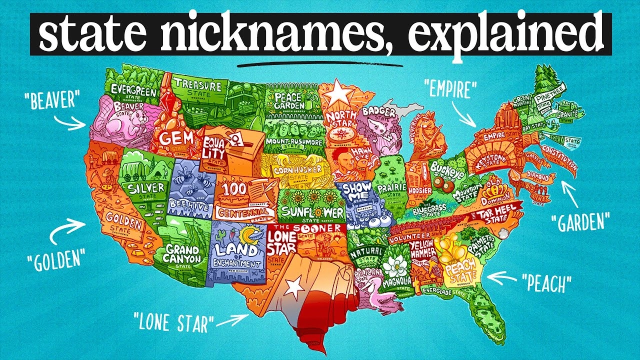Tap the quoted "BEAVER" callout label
coord(51,100)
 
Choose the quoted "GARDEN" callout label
coord(579,221)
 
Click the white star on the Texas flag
coord(293,286)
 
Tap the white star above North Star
coord(338,92)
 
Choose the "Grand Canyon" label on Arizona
coord(183,254)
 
